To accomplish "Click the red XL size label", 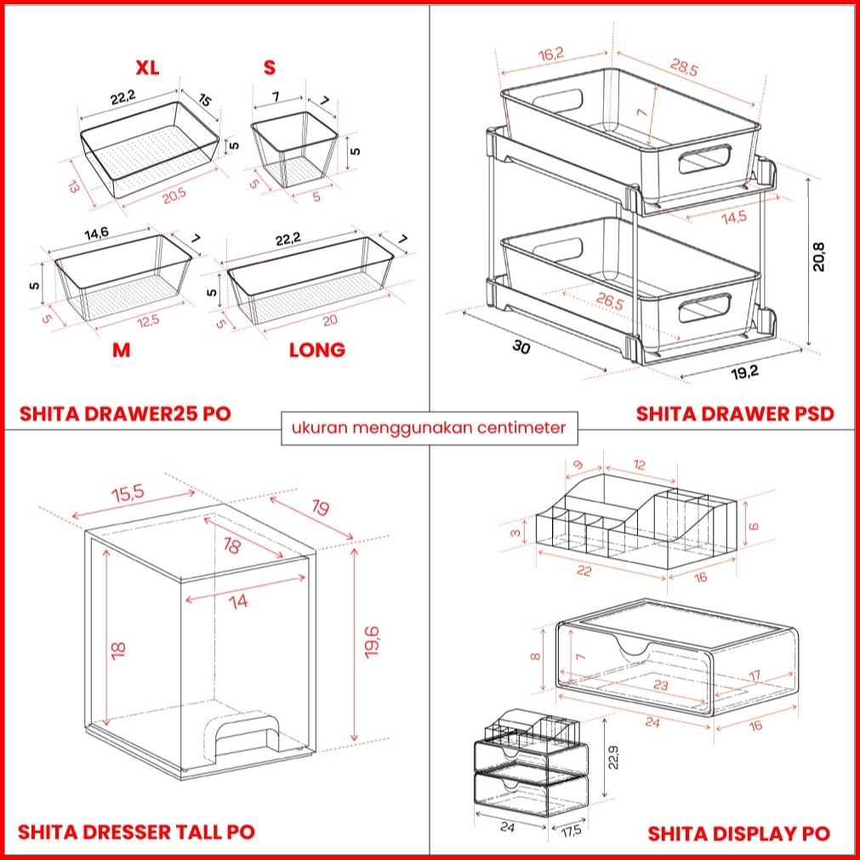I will pos(147,68).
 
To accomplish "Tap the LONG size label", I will pos(316,350).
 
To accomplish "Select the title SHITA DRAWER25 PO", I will pos(125,414).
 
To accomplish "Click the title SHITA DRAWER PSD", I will pos(735,414).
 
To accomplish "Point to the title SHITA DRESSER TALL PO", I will pos(136,831).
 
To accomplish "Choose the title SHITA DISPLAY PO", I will pos(738,833).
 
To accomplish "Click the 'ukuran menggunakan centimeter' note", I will pos(430,427).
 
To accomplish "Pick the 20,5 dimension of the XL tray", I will pos(174,196).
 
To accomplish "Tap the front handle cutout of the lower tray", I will pos(704,308).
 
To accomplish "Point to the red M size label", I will pos(122,350).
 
